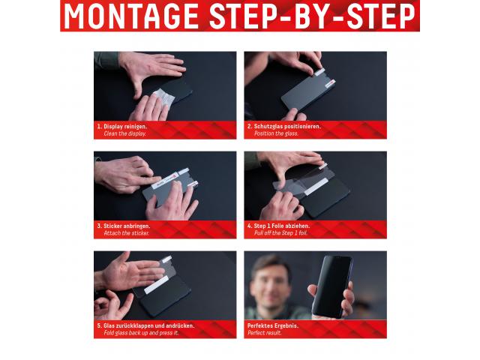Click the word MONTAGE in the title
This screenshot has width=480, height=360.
[131, 16]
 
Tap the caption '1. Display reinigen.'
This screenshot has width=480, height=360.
[122, 127]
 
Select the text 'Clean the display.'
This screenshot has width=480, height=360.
[125, 133]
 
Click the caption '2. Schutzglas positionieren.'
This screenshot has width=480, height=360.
[284, 127]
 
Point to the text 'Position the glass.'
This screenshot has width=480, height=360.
[276, 133]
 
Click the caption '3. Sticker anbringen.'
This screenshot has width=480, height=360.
[124, 226]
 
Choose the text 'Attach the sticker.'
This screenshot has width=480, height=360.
[127, 233]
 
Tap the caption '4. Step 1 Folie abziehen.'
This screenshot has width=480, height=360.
[278, 226]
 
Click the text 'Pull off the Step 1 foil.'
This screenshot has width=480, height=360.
[280, 233]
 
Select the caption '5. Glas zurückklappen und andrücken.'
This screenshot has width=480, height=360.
[145, 326]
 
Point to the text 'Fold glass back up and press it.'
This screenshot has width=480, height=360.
[141, 333]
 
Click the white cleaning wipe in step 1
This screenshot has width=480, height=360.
[163, 97]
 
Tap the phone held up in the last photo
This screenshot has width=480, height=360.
[332, 286]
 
